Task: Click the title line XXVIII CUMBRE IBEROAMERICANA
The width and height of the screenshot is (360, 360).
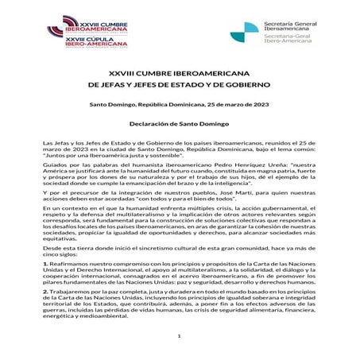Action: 180,71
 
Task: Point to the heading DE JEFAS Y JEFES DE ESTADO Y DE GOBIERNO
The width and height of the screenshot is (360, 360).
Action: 180,83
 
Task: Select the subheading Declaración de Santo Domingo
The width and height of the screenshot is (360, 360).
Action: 180,126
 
